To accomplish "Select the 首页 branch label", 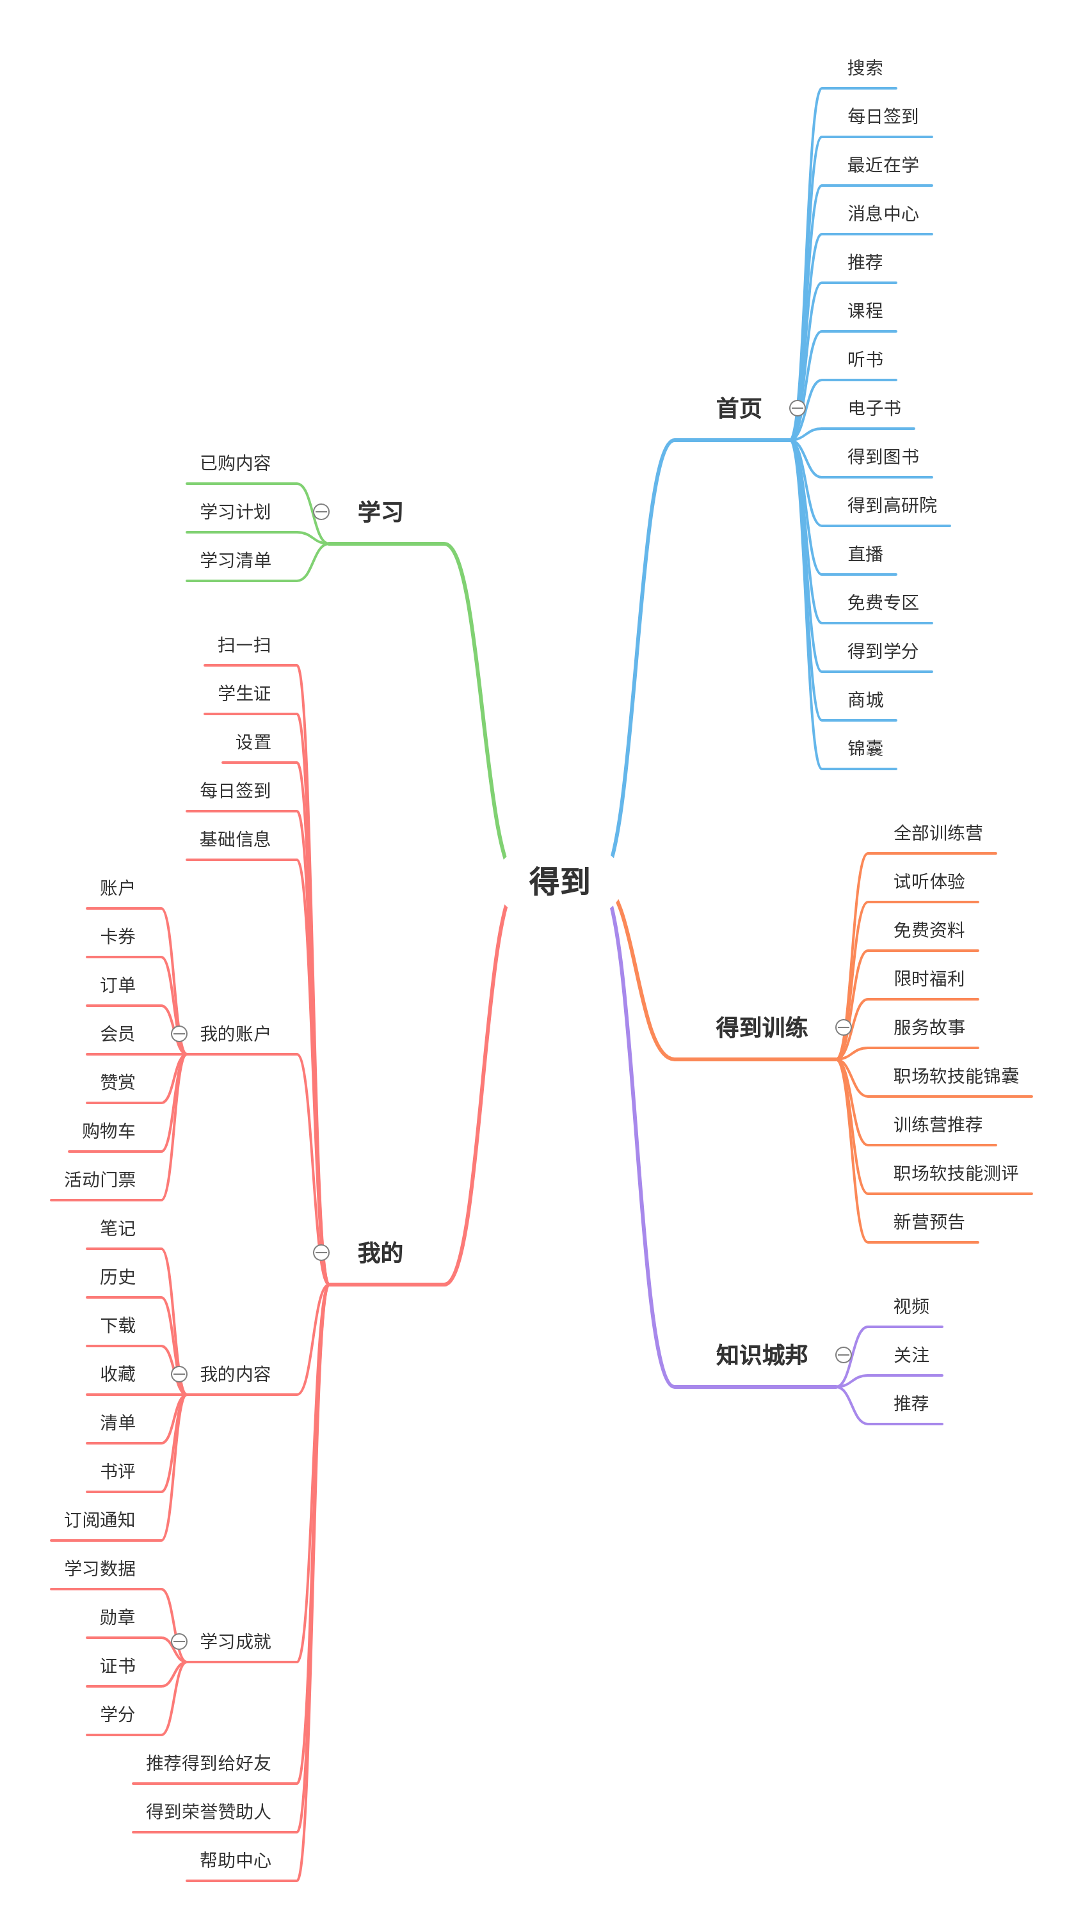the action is (738, 408).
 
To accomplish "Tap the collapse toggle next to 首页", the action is (796, 408).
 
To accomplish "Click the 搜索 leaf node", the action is (865, 68).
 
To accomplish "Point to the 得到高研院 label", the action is (891, 505).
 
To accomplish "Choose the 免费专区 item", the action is (882, 602).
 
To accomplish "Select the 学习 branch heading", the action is (380, 512).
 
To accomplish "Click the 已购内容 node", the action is (235, 463).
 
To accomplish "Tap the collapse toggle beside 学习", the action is (321, 512).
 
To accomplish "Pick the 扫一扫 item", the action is (244, 644).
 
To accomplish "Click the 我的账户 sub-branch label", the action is (235, 1034).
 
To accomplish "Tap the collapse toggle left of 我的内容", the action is (179, 1374).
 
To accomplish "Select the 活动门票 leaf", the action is (100, 1179).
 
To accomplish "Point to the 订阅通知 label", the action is (100, 1519).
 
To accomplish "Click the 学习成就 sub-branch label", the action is (235, 1641).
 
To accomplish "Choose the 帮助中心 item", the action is (235, 1860).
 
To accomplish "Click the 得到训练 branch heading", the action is (761, 1027).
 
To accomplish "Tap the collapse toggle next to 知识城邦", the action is (843, 1354).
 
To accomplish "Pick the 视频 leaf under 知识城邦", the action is (910, 1306).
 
